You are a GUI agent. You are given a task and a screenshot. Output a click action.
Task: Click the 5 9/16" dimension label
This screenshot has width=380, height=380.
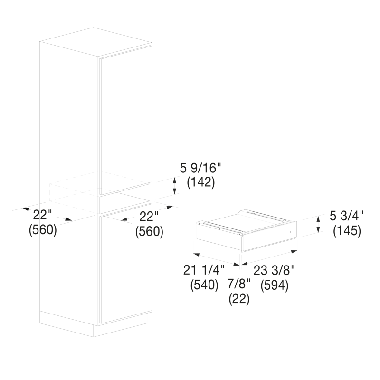point(200,168)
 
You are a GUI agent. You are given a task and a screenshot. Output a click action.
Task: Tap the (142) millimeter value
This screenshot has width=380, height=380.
point(200,182)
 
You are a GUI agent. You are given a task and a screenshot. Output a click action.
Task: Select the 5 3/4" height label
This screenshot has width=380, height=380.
point(347,216)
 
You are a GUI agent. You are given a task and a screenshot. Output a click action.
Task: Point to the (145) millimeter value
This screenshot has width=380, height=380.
point(347,231)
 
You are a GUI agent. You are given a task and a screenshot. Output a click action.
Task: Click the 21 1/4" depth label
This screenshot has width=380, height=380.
point(204,270)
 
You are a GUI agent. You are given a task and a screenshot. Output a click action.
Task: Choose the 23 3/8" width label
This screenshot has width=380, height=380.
point(274,270)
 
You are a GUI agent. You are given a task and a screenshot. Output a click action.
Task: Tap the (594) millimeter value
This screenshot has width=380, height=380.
point(275,285)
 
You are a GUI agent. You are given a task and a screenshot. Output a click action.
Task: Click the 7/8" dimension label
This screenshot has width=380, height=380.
point(239,284)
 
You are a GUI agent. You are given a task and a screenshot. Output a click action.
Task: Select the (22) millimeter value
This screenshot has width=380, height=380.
point(239,298)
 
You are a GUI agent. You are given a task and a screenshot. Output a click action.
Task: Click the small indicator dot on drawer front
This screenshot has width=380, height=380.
point(290,232)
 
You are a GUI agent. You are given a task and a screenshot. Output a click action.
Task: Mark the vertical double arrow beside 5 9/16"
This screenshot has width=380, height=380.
point(174,186)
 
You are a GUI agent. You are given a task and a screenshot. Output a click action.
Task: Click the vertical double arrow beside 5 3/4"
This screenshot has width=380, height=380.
point(318,224)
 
